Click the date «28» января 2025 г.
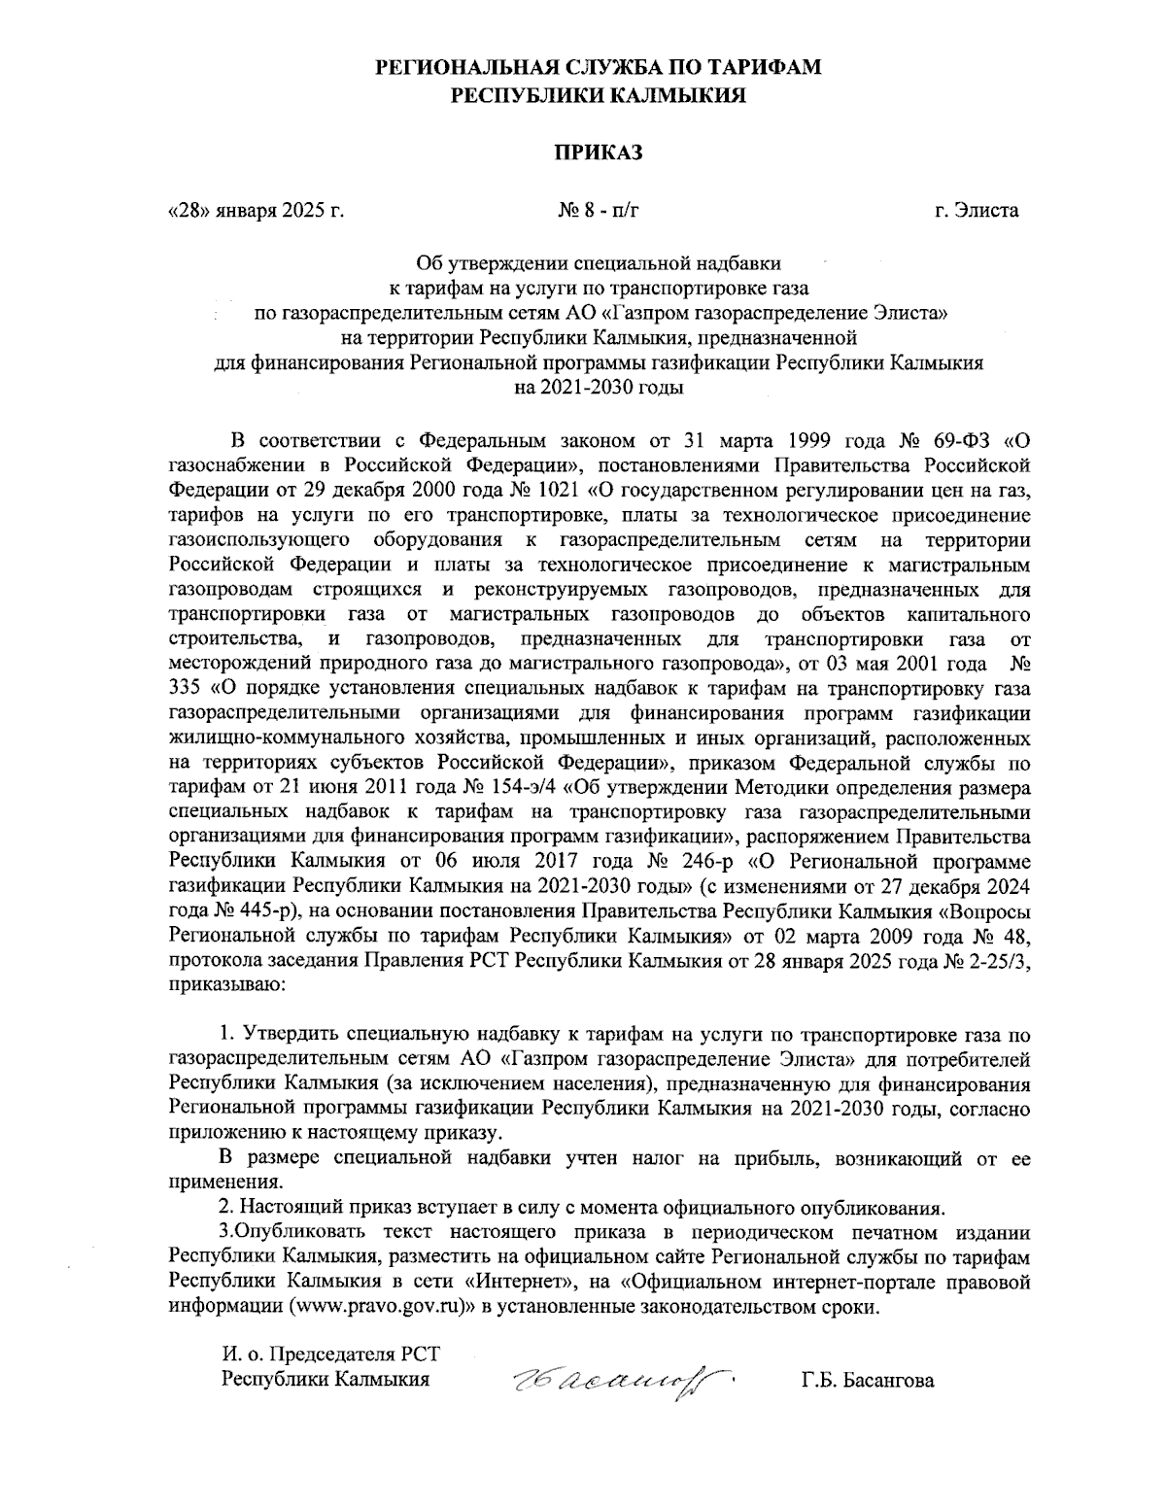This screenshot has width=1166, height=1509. tap(257, 209)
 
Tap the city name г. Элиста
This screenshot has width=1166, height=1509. tap(972, 209)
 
